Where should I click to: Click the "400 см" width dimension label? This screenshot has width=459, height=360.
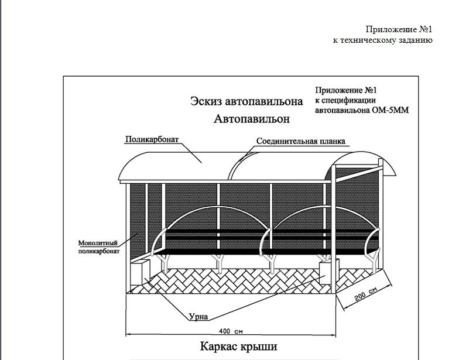pos(231,331)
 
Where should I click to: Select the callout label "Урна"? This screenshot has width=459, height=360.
pos(198,316)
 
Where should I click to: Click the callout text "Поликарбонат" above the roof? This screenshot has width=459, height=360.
pos(152,139)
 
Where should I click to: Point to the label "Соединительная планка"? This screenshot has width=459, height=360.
pos(301,141)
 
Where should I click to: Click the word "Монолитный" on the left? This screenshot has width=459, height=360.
pos(98,243)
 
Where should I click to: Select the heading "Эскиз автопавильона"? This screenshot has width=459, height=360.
pos(246,101)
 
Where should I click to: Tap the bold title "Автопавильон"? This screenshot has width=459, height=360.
pos(252,119)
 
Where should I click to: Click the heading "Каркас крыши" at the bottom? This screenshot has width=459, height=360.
pos(239,347)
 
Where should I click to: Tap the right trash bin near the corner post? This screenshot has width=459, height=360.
pos(329,272)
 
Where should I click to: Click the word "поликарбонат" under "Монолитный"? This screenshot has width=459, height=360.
pos(99,252)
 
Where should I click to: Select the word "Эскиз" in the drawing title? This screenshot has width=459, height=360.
pos(206,101)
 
